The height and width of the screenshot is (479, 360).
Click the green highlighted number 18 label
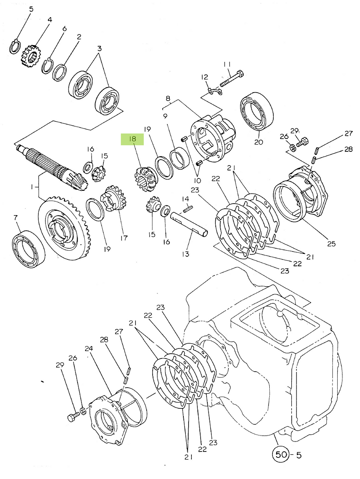132,139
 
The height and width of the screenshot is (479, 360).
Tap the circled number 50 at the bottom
281,454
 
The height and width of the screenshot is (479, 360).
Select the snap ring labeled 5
15,47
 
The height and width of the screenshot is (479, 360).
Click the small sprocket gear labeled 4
30,56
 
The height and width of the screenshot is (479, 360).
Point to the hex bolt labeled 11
232,78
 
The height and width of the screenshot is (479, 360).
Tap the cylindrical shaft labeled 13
189,225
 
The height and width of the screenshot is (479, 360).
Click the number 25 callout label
331,243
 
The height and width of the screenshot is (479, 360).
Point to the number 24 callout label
89,348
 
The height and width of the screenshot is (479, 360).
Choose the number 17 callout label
123,238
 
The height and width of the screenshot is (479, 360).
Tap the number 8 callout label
168,99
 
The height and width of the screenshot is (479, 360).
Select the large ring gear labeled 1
64,228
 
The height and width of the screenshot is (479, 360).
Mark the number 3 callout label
99,48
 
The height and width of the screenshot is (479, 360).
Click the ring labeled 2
60,73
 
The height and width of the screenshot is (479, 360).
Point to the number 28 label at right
348,149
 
